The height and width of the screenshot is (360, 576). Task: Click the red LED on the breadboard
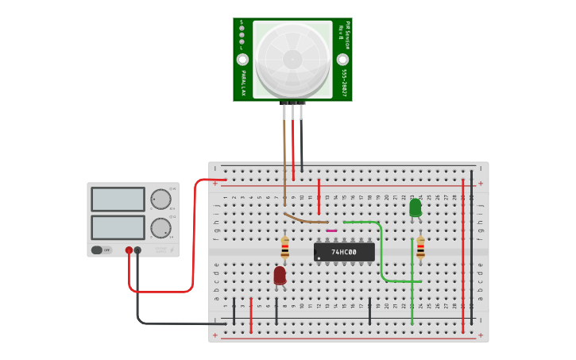[280, 275]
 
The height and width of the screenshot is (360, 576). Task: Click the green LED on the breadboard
[415, 207]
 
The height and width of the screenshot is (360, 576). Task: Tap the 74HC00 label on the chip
[344, 252]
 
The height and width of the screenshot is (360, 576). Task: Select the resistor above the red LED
[284, 248]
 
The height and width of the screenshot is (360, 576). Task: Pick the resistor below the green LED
[420, 248]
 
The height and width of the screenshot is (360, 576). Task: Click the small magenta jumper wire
[331, 230]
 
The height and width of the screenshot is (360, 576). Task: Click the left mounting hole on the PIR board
[242, 60]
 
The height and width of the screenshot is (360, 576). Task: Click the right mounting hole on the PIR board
[342, 60]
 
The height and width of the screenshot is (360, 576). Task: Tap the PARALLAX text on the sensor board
[243, 83]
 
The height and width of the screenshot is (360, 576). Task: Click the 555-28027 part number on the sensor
[344, 82]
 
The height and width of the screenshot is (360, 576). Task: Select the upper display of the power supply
[118, 199]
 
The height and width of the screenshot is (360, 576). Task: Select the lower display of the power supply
[118, 227]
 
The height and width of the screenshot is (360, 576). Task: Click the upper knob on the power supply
[160, 199]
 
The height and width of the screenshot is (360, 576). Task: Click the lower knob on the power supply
[160, 228]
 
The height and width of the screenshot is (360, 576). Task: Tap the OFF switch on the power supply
[102, 250]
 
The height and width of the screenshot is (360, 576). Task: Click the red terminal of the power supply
[129, 250]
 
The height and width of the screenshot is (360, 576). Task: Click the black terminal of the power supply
[137, 250]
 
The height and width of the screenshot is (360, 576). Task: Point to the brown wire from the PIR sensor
[284, 159]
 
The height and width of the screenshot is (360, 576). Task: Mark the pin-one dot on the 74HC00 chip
[319, 258]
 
